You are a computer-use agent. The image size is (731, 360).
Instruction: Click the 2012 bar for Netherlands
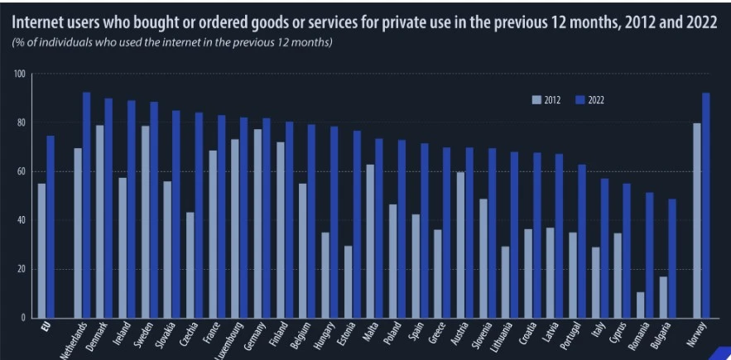coord(78,233)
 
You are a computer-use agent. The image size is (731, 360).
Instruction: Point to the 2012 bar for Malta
coord(371,240)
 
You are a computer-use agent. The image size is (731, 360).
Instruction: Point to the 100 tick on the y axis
coord(19,74)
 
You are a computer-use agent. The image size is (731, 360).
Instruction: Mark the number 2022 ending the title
coord(699,22)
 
